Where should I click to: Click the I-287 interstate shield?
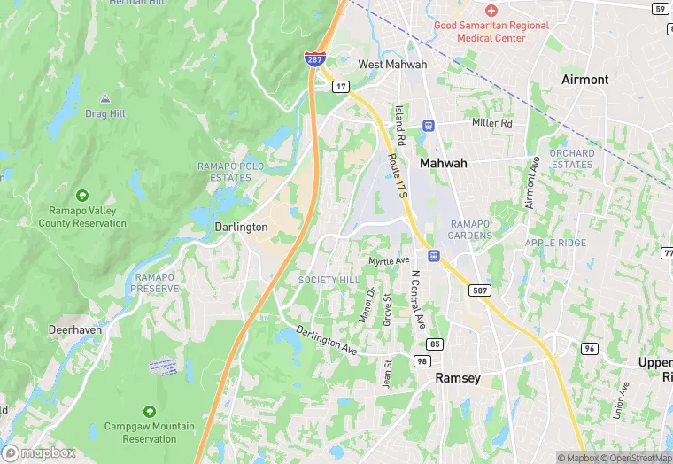pos(313,58)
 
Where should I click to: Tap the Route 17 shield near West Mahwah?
pos(340,86)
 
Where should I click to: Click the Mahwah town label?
pos(443,163)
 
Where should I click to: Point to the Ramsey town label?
pos(458,378)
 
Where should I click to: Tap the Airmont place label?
pos(585,80)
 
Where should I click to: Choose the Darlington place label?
pos(241,227)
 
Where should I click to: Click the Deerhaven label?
pos(74,329)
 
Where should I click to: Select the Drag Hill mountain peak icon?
pos(105,98)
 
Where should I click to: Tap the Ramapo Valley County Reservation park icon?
pos(82,195)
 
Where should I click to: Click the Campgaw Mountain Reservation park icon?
pos(149,412)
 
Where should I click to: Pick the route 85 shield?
pos(434,344)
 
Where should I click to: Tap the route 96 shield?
pos(589,348)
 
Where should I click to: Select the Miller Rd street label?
pos(492,123)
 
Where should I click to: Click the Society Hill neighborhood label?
pos(329,280)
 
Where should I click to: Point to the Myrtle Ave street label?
pos(390,260)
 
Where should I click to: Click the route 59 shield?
pos(660,9)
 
